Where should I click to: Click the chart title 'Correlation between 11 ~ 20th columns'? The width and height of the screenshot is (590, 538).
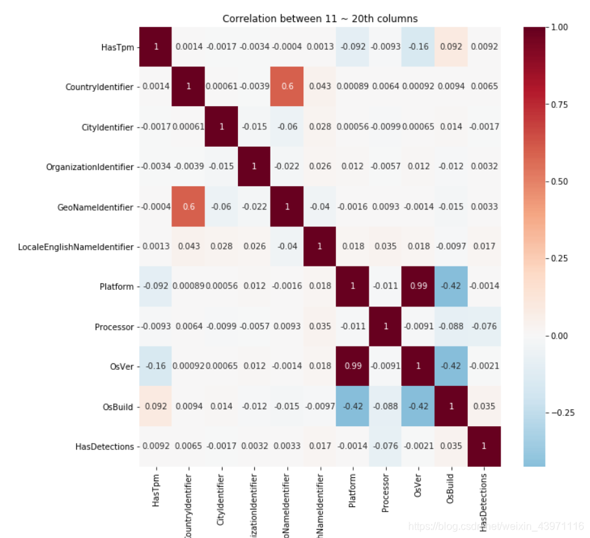(x=320, y=19)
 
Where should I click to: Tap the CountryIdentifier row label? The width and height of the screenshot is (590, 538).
(x=100, y=87)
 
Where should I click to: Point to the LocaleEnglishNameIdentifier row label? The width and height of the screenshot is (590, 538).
(x=76, y=246)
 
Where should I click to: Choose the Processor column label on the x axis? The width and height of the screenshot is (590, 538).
(x=386, y=496)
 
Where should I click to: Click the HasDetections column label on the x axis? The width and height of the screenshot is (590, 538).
(x=484, y=502)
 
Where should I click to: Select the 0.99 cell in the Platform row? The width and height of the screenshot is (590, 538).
(x=419, y=286)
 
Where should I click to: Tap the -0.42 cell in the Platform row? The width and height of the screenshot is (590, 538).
(x=452, y=286)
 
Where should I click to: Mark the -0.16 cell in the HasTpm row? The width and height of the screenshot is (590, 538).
(x=419, y=47)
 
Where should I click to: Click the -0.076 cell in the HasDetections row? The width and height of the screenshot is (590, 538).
(x=386, y=446)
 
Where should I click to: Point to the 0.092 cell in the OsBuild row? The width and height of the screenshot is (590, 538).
(x=155, y=407)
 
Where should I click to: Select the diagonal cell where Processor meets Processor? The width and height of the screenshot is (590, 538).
(x=386, y=327)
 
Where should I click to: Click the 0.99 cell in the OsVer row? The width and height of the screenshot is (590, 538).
(x=353, y=367)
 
